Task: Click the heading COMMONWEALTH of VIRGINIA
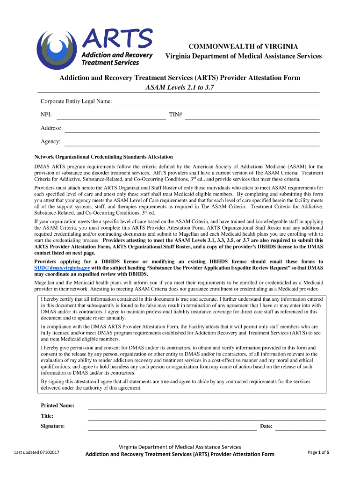coord(243,46)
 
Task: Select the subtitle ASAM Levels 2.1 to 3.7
coord(180,87)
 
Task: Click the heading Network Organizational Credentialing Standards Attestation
coord(103,157)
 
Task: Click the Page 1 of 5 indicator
coord(318,452)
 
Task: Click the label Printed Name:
coord(57,406)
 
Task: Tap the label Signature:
coord(52,426)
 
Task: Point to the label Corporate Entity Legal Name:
coord(76,102)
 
